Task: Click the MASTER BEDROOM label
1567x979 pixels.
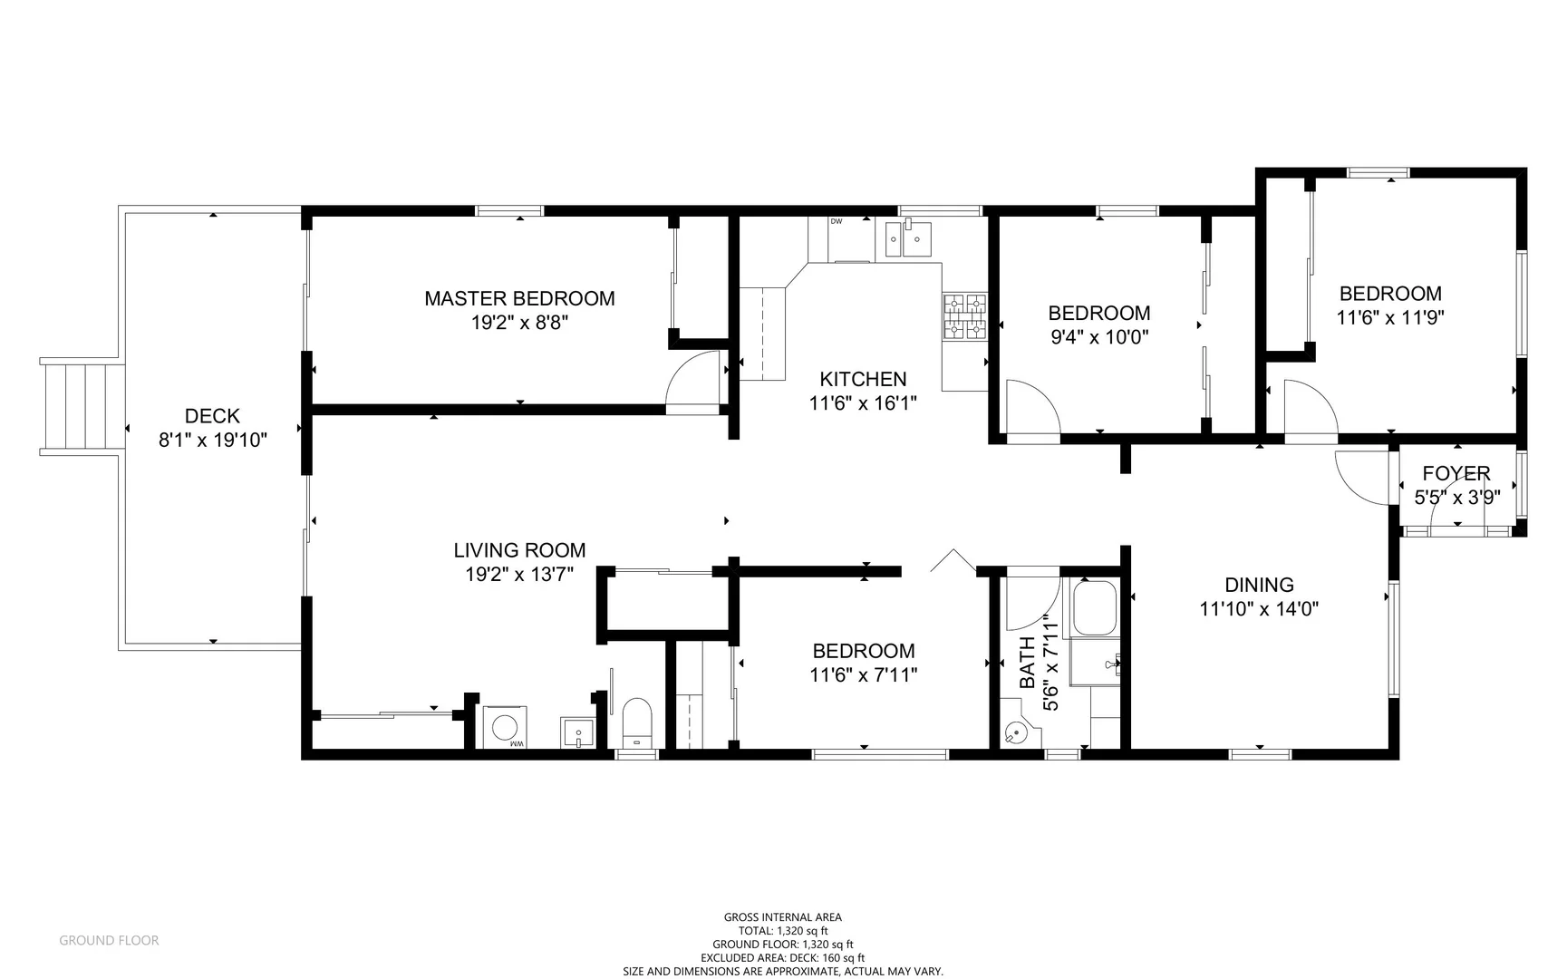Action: click(x=519, y=298)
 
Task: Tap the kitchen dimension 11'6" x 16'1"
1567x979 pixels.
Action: click(x=863, y=403)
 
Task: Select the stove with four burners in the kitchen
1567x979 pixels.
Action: click(x=965, y=315)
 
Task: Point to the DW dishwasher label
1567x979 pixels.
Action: click(x=837, y=221)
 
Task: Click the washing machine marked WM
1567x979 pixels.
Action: click(x=505, y=727)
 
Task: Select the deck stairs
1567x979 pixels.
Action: click(x=82, y=405)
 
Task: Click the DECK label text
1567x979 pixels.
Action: click(x=212, y=416)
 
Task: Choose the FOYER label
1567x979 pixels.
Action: click(x=1456, y=473)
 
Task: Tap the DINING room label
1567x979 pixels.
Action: click(x=1259, y=585)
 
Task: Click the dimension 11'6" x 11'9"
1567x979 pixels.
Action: click(x=1389, y=318)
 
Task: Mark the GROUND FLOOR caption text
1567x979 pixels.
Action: click(x=109, y=940)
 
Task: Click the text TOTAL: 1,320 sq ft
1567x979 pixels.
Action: click(x=783, y=930)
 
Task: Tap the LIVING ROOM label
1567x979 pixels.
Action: click(x=519, y=550)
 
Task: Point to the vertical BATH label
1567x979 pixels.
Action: click(x=1027, y=663)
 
